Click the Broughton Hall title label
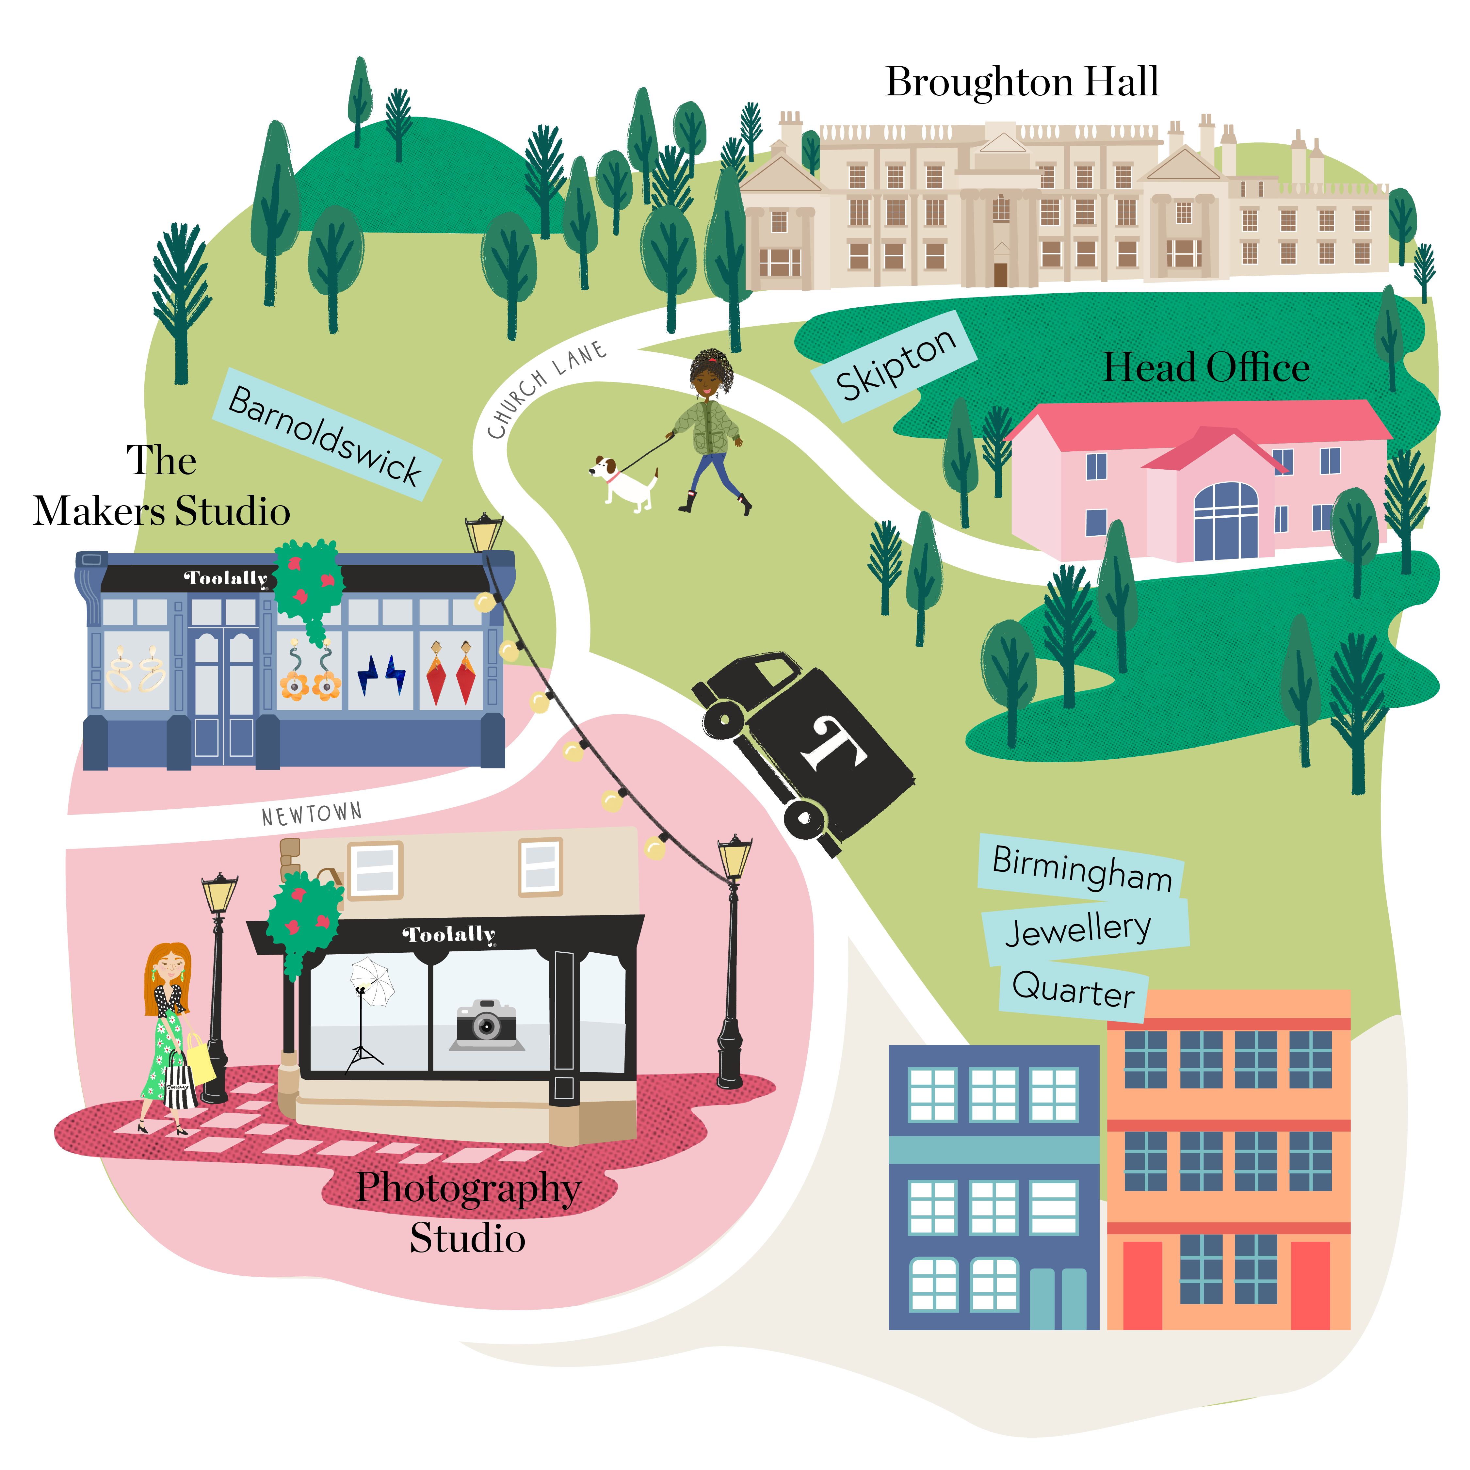pos(1022,82)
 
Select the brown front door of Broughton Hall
pos(1001,274)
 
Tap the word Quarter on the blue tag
pos(1073,989)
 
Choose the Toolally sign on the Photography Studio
pos(449,934)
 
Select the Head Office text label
pos(1206,367)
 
